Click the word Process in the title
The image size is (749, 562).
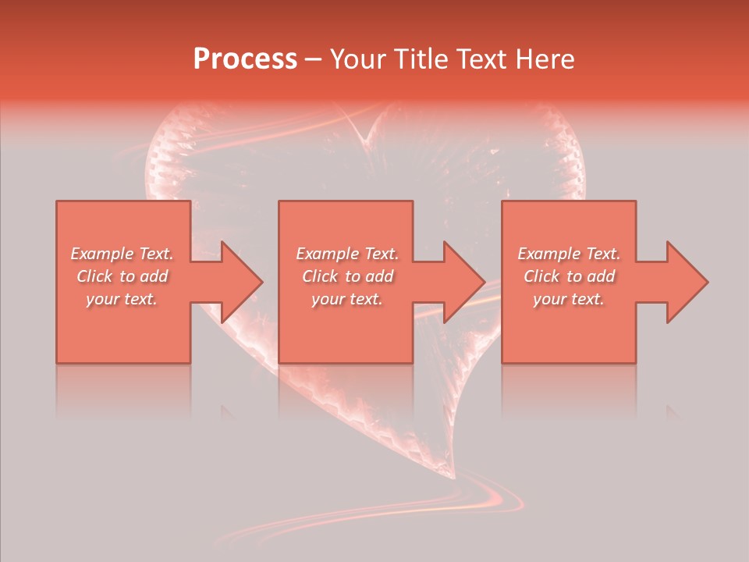pyautogui.click(x=245, y=59)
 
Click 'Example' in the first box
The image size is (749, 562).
pyautogui.click(x=102, y=254)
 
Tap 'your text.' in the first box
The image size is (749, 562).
pyautogui.click(x=122, y=299)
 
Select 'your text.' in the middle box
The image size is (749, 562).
pyautogui.click(x=347, y=299)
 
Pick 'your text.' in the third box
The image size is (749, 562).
pyautogui.click(x=569, y=299)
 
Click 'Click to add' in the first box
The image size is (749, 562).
pyautogui.click(x=122, y=276)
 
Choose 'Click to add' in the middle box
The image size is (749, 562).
pyautogui.click(x=347, y=276)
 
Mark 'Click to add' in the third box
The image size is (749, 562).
pyautogui.click(x=569, y=276)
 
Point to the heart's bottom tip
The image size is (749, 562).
pyautogui.click(x=453, y=476)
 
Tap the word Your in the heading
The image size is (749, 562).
pyautogui.click(x=357, y=59)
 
